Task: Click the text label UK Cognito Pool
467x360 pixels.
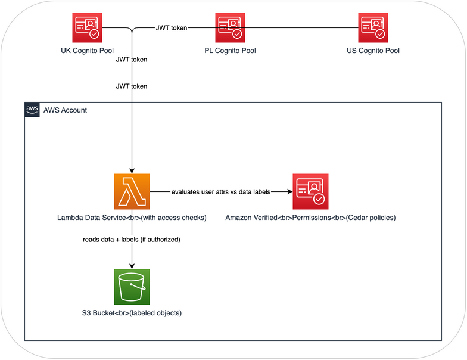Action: [87, 51]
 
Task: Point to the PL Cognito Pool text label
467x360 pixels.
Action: [230, 51]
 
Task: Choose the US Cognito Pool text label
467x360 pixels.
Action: [373, 51]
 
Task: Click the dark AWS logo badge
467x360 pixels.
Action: [32, 110]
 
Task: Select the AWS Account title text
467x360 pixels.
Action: [65, 110]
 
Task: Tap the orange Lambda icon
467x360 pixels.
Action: [132, 191]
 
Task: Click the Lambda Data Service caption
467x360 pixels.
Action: [132, 218]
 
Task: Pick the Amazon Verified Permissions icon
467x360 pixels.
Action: [310, 191]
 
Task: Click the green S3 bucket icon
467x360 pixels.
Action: [132, 287]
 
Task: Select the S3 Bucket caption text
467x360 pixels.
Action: [132, 313]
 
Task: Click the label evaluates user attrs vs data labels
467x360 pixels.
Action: [220, 192]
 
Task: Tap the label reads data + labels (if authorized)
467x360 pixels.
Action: [132, 240]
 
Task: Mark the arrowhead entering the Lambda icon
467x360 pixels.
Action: [132, 170]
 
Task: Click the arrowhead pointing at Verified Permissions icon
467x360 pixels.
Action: [289, 192]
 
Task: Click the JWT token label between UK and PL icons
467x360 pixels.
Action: [170, 28]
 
